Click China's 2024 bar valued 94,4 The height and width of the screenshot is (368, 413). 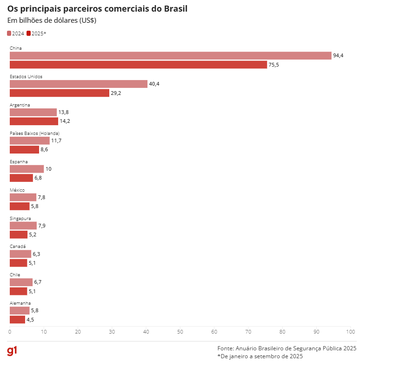170,56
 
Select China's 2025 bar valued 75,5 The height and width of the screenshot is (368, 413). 138,65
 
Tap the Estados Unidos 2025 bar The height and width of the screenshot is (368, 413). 60,93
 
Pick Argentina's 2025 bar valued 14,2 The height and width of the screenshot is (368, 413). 34,121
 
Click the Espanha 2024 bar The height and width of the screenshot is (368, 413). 27,169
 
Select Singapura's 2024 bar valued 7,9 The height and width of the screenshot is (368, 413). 23,226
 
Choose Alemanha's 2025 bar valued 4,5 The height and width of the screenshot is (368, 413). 17,320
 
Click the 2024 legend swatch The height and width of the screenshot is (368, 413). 9,33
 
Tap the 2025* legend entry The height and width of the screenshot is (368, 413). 36,33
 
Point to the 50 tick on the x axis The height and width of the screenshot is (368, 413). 180,332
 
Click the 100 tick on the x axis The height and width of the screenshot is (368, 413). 350,332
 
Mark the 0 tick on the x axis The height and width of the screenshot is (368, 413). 10,332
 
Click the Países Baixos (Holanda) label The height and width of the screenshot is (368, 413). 34,134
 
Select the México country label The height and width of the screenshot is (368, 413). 17,190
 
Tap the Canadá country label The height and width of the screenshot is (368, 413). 18,247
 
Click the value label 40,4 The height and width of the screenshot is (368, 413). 154,84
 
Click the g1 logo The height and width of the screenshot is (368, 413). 12,351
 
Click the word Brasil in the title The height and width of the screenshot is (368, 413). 175,9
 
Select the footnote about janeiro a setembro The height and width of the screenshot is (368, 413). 260,356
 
